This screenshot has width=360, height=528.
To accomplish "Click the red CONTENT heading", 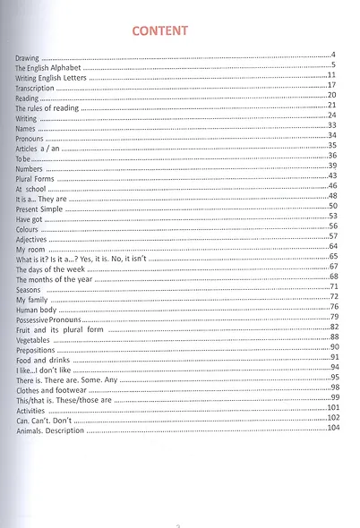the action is coord(159,31).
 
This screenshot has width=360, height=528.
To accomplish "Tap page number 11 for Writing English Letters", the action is coord(330,74).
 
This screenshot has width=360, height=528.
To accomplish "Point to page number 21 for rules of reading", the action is coord(331,105).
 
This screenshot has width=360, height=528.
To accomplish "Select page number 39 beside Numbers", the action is coord(331,166).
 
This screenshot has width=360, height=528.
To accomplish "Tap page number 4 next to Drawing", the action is coord(332,55).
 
